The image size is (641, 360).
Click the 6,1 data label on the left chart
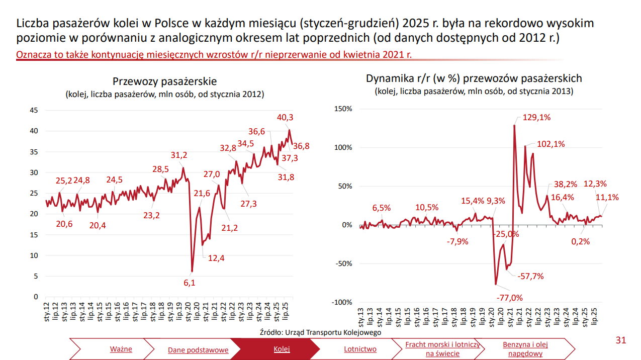pyautogui.click(x=189, y=283)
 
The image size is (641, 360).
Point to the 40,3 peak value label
pyautogui.click(x=285, y=118)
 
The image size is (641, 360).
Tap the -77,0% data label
pyautogui.click(x=509, y=298)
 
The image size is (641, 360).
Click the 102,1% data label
pyautogui.click(x=551, y=144)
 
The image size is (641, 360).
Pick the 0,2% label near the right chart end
pyautogui.click(x=580, y=241)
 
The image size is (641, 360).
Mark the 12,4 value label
pyautogui.click(x=216, y=258)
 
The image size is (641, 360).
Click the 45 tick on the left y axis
pyautogui.click(x=34, y=111)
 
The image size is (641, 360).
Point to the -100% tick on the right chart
pyautogui.click(x=342, y=302)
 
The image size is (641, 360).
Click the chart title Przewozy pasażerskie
pyautogui.click(x=164, y=81)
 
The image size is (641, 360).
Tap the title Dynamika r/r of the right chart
pyautogui.click(x=474, y=78)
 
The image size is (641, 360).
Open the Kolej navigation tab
pyautogui.click(x=282, y=349)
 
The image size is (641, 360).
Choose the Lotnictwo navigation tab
pyautogui.click(x=360, y=349)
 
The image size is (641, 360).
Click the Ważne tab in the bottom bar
pyautogui.click(x=121, y=349)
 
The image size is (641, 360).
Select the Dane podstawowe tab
pyautogui.click(x=198, y=350)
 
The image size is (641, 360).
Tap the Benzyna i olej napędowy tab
pyautogui.click(x=525, y=349)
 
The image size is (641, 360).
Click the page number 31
pyautogui.click(x=620, y=340)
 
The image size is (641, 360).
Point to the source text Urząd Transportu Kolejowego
pyautogui.click(x=320, y=332)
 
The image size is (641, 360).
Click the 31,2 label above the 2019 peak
pyautogui.click(x=179, y=155)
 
